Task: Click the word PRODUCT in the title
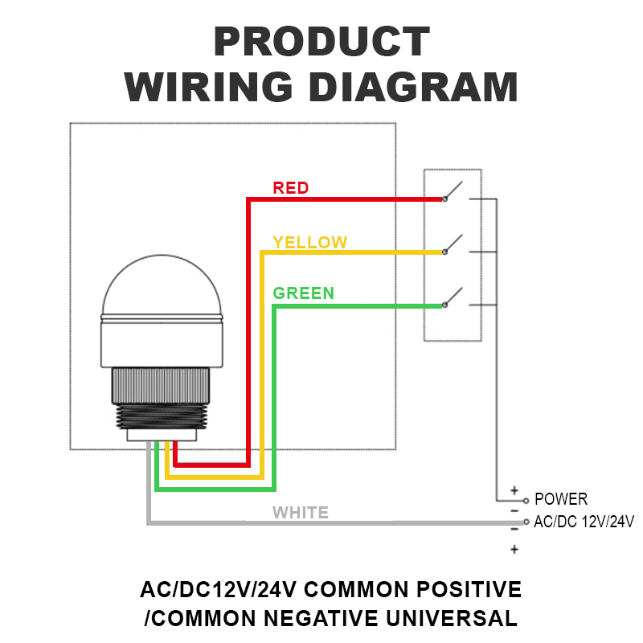click(x=322, y=41)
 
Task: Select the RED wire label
click(x=291, y=188)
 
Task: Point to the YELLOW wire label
click(x=310, y=243)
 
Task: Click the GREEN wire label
click(x=304, y=293)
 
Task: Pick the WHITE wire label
click(x=301, y=513)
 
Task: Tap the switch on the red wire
click(x=453, y=191)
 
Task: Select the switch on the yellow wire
click(x=453, y=244)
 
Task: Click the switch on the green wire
click(x=453, y=297)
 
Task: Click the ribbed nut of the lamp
click(x=161, y=386)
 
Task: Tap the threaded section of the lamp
click(x=161, y=416)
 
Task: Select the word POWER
click(x=561, y=499)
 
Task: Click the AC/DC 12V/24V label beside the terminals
click(x=584, y=522)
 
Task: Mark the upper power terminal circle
click(x=526, y=501)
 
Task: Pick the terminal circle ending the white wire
click(x=526, y=522)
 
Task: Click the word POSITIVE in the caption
click(x=469, y=589)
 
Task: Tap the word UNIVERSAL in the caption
click(x=452, y=618)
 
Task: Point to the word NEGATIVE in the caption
click(x=321, y=618)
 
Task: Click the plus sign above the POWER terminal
click(x=514, y=490)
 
